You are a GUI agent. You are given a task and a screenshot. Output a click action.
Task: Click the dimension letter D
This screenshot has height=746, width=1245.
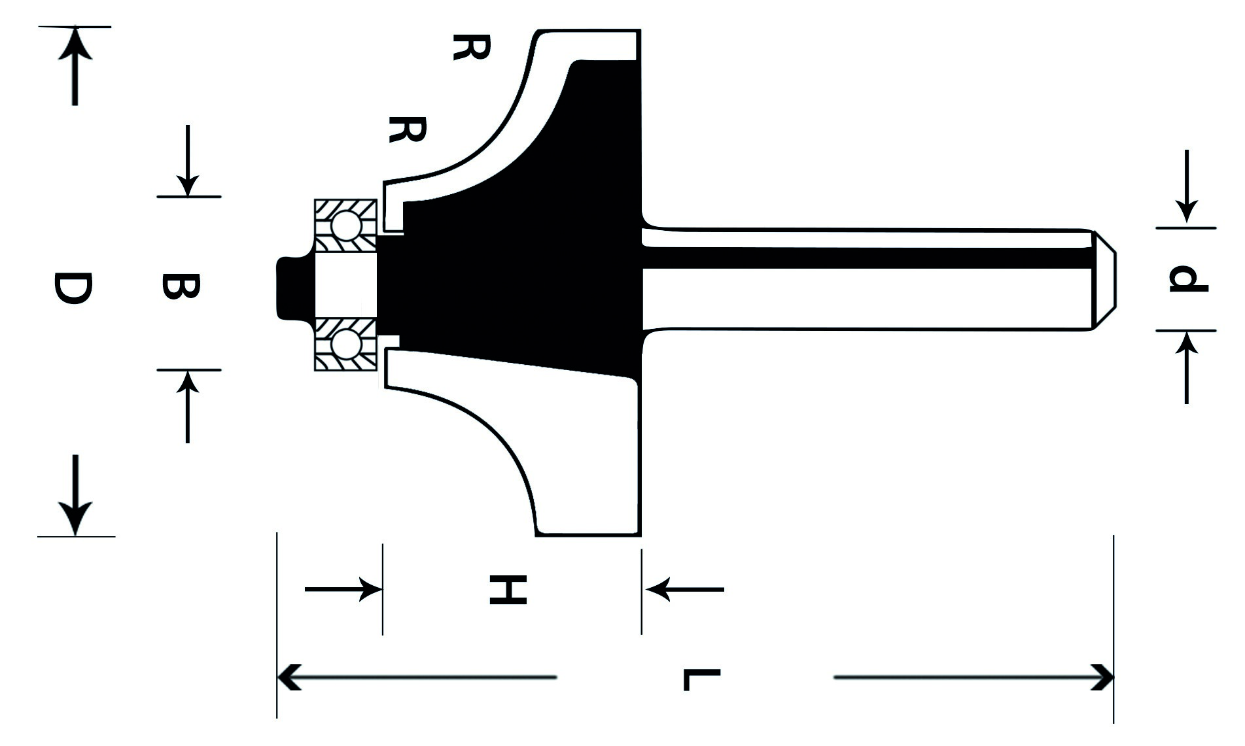coord(73,290)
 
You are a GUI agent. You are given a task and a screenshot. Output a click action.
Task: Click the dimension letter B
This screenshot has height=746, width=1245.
coord(179,287)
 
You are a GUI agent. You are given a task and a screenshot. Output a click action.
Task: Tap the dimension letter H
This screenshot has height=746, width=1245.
coord(508,590)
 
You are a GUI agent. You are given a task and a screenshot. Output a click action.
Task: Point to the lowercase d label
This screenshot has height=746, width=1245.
coord(1188,279)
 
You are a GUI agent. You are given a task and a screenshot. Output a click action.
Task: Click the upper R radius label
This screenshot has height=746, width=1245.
coord(471,48)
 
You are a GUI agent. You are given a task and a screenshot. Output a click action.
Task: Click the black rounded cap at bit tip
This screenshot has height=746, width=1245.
coord(295,288)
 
